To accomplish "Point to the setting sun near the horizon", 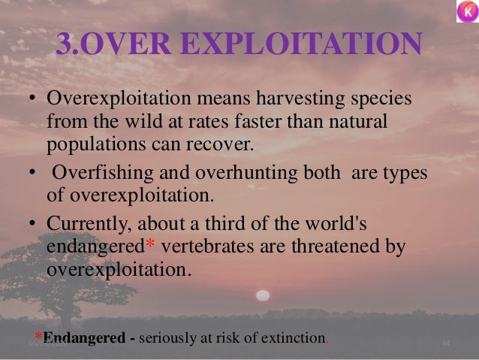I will click(x=264, y=295).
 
